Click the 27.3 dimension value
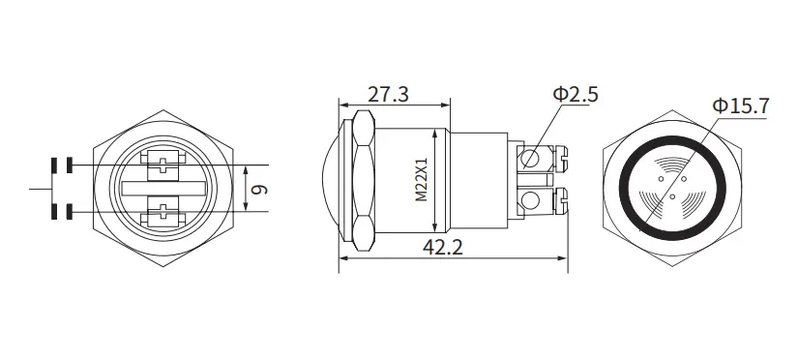[388, 95]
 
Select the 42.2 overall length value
[443, 248]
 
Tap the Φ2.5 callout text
[576, 95]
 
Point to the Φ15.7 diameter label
[741, 105]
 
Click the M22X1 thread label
[422, 180]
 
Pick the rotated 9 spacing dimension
[260, 190]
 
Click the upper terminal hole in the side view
[530, 159]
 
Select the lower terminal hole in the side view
[530, 200]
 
